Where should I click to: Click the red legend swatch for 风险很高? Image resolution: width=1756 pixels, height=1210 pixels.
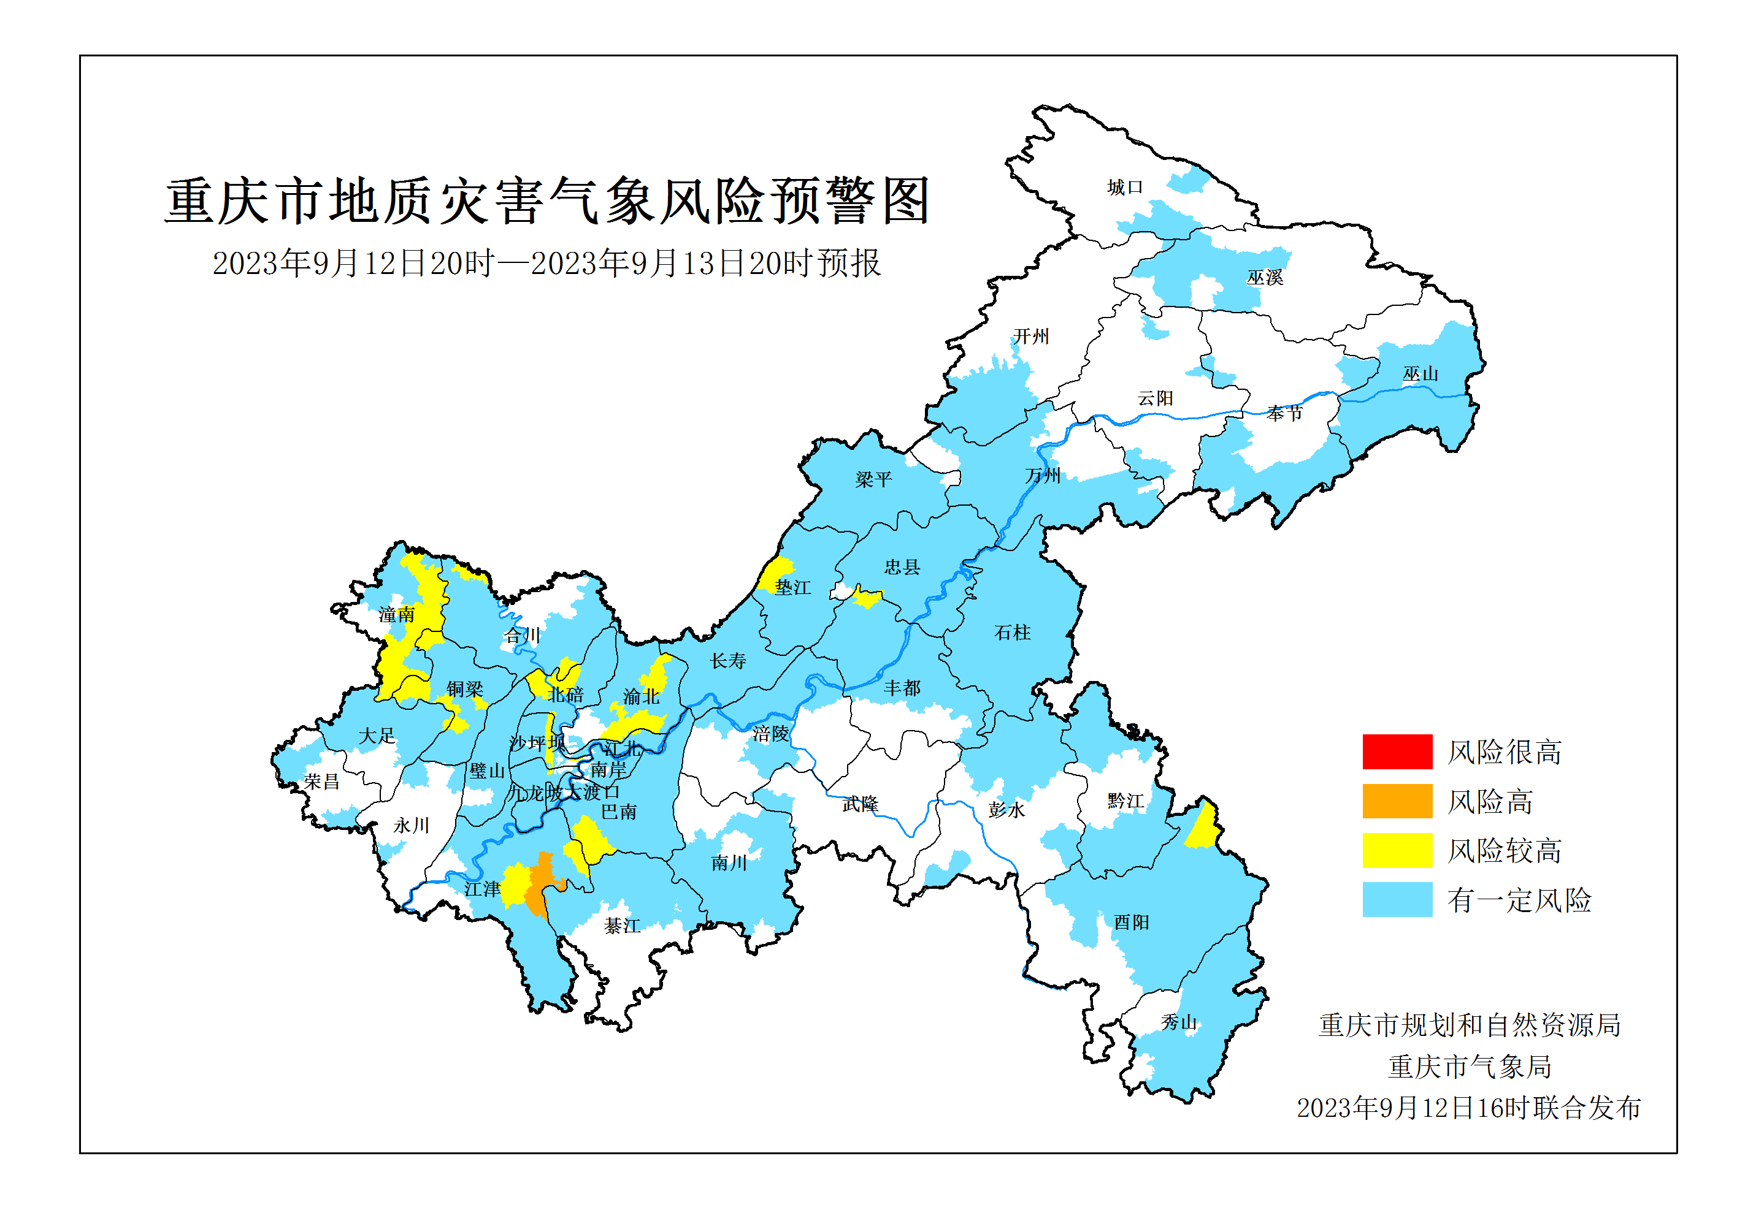tap(1397, 751)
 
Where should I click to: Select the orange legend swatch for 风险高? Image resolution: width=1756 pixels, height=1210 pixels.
tap(1397, 801)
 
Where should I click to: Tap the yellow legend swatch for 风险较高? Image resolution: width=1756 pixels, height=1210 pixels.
tap(1397, 850)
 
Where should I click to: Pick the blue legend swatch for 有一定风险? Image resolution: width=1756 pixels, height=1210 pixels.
tap(1397, 899)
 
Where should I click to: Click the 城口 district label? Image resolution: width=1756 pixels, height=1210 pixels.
tap(1124, 188)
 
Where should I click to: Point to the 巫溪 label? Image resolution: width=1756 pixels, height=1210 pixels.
tap(1265, 278)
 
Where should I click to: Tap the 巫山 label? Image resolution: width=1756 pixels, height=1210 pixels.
tap(1420, 374)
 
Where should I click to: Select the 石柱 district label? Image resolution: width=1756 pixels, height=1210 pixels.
tap(1012, 633)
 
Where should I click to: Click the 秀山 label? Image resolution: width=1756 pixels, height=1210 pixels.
tap(1179, 1022)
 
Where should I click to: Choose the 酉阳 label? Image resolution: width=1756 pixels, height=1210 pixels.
tap(1131, 922)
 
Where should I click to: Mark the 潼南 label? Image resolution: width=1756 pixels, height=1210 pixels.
tap(397, 615)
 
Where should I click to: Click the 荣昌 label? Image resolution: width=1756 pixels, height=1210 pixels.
tap(321, 782)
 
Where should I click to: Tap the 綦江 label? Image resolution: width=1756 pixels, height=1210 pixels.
tap(622, 926)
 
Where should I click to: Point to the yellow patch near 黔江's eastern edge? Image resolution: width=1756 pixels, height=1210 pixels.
tap(1202, 829)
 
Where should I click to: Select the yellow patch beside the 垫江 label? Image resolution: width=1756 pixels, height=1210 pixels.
tap(775, 573)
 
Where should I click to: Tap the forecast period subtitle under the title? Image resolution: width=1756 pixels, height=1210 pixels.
tap(546, 264)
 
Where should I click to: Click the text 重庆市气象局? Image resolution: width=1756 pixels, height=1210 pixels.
tap(1470, 1067)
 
